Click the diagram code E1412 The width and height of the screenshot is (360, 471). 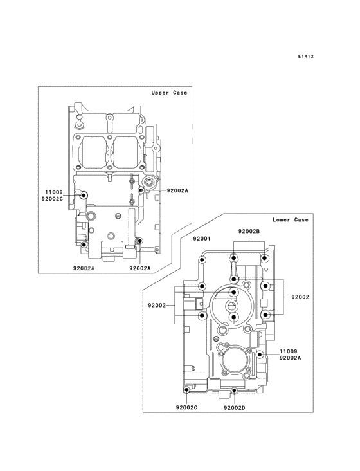click(x=305, y=57)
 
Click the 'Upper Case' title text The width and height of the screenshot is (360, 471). click(x=169, y=93)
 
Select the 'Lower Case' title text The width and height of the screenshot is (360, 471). click(x=290, y=219)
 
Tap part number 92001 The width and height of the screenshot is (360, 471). click(x=203, y=239)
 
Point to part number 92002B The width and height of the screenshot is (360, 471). click(x=248, y=231)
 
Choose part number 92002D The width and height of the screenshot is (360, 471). click(x=235, y=407)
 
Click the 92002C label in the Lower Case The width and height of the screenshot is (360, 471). click(x=186, y=407)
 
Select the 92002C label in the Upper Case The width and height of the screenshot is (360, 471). click(x=53, y=199)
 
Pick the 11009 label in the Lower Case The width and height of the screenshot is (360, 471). click(x=288, y=351)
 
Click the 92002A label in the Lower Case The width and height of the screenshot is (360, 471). click(x=291, y=358)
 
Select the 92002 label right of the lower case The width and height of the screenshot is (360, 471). click(x=300, y=297)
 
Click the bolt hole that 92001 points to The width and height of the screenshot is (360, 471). click(x=203, y=260)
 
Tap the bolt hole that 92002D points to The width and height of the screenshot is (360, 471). click(x=235, y=391)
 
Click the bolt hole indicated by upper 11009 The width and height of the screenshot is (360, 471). click(x=83, y=195)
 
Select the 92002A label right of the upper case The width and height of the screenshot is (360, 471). click(x=177, y=191)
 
